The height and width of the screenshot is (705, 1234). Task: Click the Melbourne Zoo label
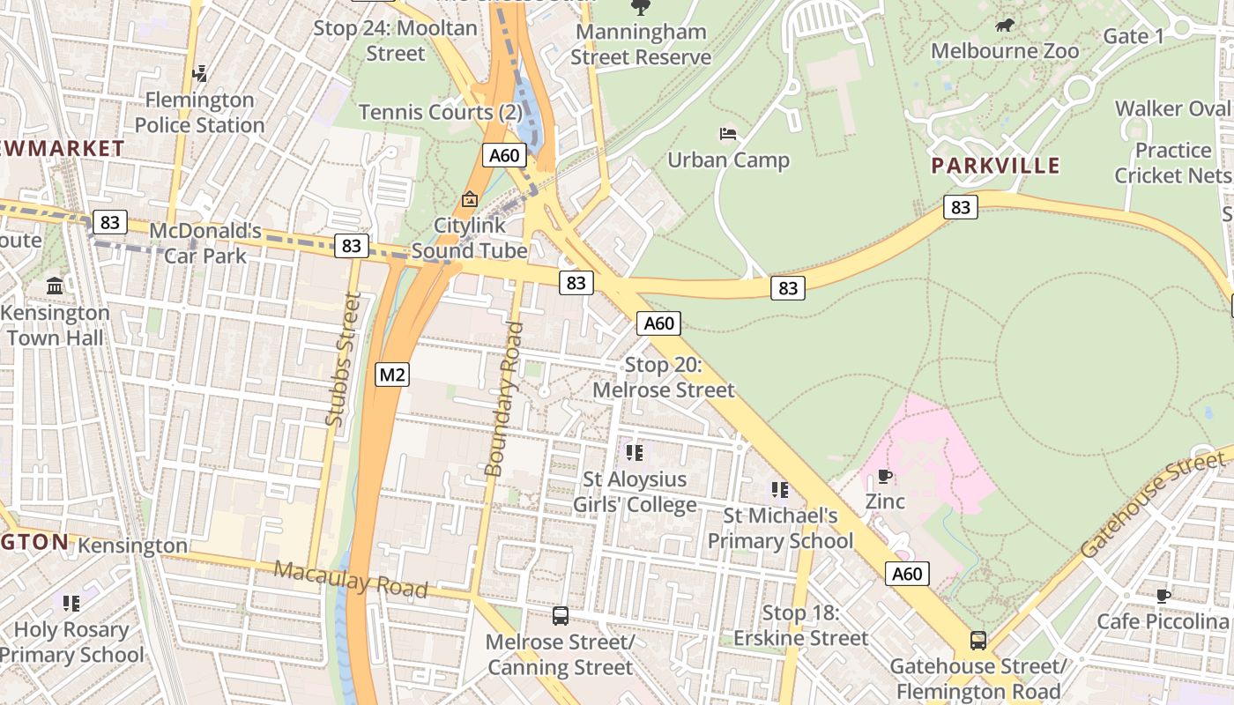(1004, 51)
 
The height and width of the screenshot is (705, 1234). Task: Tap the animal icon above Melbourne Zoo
(1004, 26)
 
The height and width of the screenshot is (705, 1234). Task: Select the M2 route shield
(392, 375)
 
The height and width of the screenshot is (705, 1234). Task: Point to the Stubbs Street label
(343, 360)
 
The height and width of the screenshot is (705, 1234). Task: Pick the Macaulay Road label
(350, 579)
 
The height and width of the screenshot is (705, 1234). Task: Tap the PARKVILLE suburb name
(995, 166)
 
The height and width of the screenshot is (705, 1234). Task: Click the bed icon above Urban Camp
(728, 134)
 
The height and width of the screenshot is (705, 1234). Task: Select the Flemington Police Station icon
(200, 73)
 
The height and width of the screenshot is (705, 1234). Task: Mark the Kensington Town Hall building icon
(55, 286)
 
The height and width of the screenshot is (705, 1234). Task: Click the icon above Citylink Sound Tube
(469, 199)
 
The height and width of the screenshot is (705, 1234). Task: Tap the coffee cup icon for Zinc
(885, 477)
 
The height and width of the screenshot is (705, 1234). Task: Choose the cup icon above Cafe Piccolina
(1163, 596)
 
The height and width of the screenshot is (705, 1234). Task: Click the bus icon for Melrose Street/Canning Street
(560, 616)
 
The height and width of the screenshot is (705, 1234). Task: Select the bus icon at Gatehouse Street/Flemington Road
(978, 641)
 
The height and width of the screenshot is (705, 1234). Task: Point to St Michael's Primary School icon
(779, 489)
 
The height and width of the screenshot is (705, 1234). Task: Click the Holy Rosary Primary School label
(71, 642)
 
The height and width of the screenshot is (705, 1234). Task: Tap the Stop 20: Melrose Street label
(663, 377)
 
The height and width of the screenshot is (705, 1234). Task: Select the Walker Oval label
(1171, 108)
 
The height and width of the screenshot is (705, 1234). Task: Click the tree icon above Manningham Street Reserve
(640, 8)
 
